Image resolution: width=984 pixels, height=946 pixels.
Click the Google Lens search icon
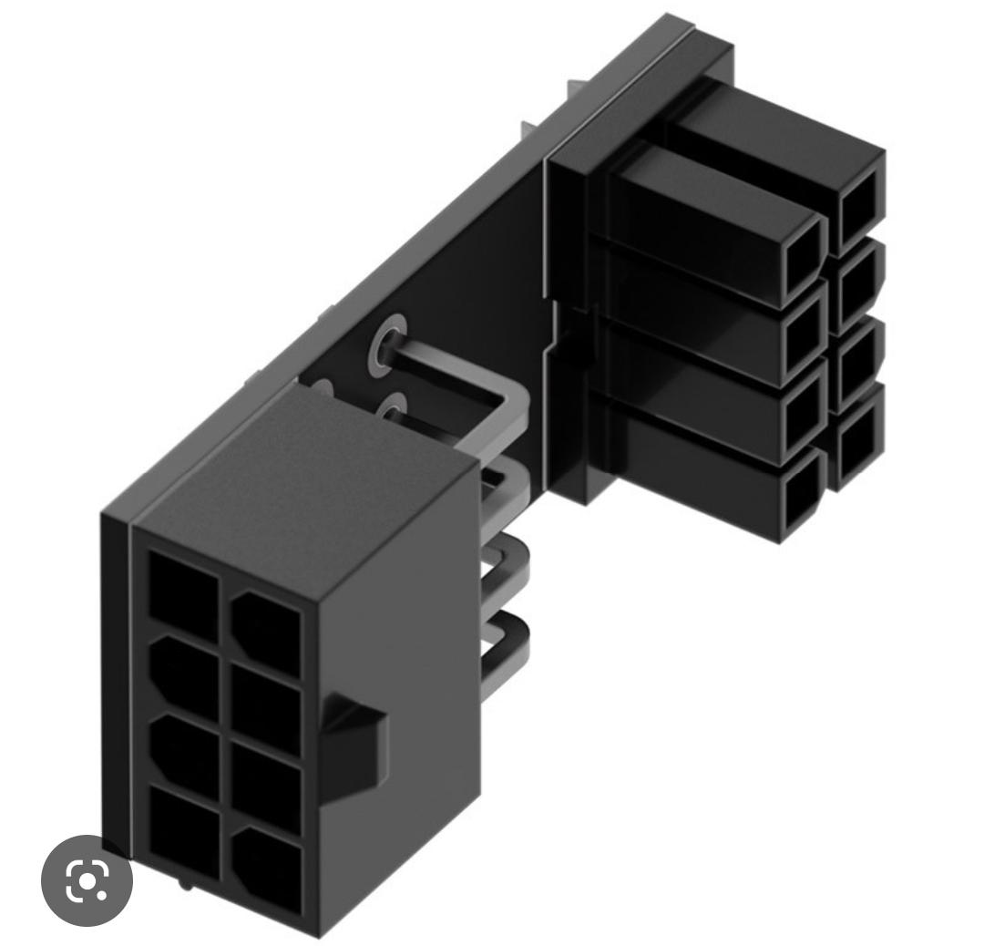click(87, 880)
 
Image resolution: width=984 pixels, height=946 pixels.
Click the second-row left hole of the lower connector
click(182, 673)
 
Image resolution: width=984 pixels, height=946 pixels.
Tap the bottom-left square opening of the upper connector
click(801, 496)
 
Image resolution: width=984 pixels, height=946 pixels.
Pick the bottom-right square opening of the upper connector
click(857, 439)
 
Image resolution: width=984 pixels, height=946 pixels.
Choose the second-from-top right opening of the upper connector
click(858, 283)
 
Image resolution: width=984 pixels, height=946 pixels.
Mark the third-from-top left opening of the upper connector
click(802, 417)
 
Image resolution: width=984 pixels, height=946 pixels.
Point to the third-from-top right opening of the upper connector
click(858, 361)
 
